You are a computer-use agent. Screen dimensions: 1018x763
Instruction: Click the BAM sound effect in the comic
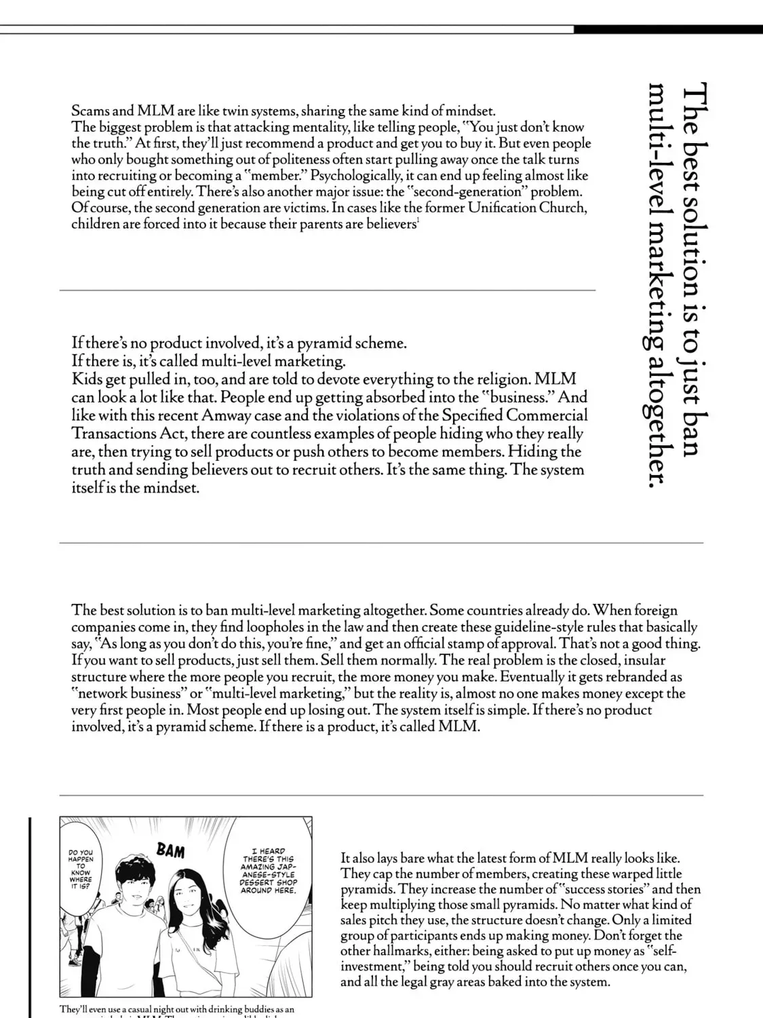(x=170, y=850)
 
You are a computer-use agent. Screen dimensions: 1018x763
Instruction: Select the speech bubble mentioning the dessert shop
(x=268, y=871)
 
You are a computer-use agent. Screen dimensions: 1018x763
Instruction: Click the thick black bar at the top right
(x=667, y=29)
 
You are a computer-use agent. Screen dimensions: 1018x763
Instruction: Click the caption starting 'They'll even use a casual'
(x=176, y=1009)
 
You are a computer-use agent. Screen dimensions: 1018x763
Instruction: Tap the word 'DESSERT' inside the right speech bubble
(x=258, y=882)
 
